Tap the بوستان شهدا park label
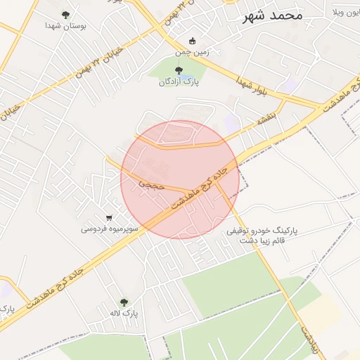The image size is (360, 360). (65, 25)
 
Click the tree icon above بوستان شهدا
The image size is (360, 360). (65, 14)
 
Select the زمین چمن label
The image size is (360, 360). (192, 51)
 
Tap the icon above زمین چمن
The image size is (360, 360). (193, 41)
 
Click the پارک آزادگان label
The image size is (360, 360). (179, 82)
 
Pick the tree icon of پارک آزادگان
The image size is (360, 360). (179, 70)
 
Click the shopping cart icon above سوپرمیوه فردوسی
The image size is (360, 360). (109, 218)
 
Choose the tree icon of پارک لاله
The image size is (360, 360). (124, 302)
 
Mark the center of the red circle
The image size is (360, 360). (180, 180)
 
